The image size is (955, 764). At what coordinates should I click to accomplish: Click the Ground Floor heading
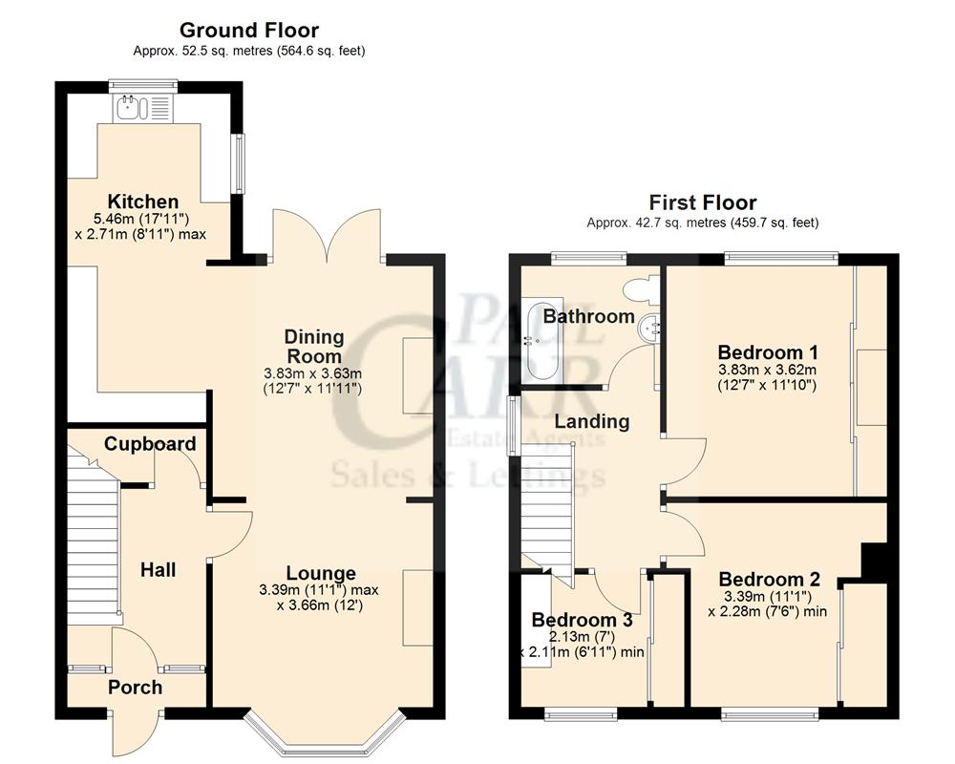click(249, 31)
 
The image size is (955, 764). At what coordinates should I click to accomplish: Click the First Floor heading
click(702, 202)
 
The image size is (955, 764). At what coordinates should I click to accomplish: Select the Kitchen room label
click(142, 202)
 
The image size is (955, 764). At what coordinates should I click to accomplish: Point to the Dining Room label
click(313, 346)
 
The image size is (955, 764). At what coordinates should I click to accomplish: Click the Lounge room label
click(321, 573)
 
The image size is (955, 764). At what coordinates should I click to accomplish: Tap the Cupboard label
click(150, 443)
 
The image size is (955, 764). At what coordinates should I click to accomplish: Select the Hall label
click(158, 570)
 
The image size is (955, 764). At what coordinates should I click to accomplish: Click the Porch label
click(135, 687)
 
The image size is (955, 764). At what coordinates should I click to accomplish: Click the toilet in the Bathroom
click(641, 286)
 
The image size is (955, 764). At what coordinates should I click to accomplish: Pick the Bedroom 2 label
click(769, 579)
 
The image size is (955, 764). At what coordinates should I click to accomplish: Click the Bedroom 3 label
click(582, 618)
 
